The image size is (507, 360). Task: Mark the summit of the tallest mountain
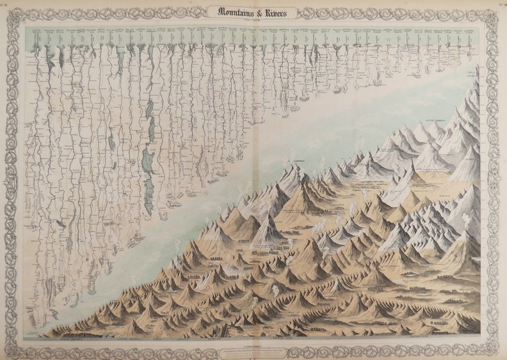[x=475, y=86]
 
